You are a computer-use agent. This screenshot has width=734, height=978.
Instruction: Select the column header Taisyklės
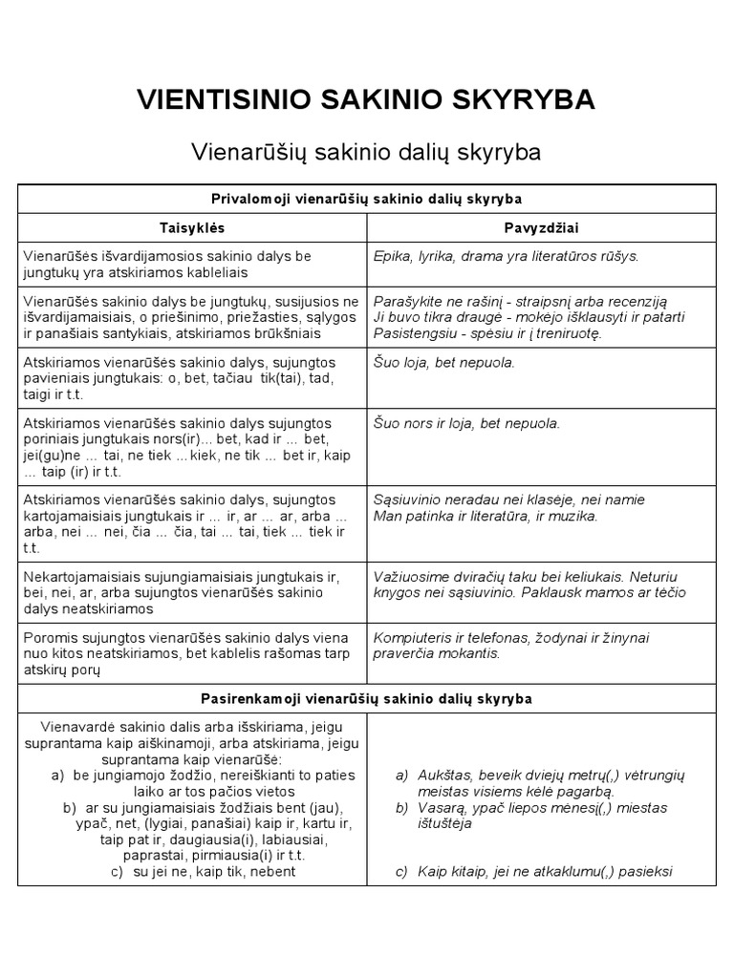click(192, 228)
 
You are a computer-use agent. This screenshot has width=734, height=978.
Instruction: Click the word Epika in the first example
click(391, 256)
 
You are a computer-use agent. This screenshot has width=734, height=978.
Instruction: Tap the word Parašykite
click(409, 301)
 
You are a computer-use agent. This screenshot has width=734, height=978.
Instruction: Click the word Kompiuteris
click(413, 638)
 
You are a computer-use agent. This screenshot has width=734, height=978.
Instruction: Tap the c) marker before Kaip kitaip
click(401, 871)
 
